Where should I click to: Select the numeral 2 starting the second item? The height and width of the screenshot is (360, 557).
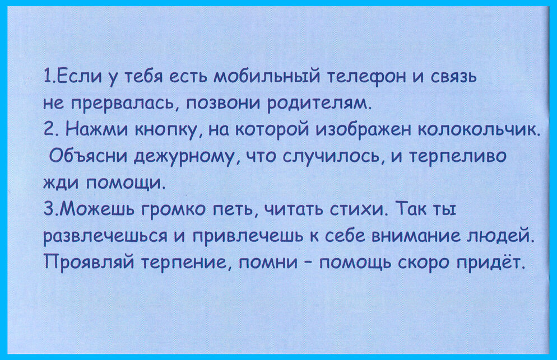49,130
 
